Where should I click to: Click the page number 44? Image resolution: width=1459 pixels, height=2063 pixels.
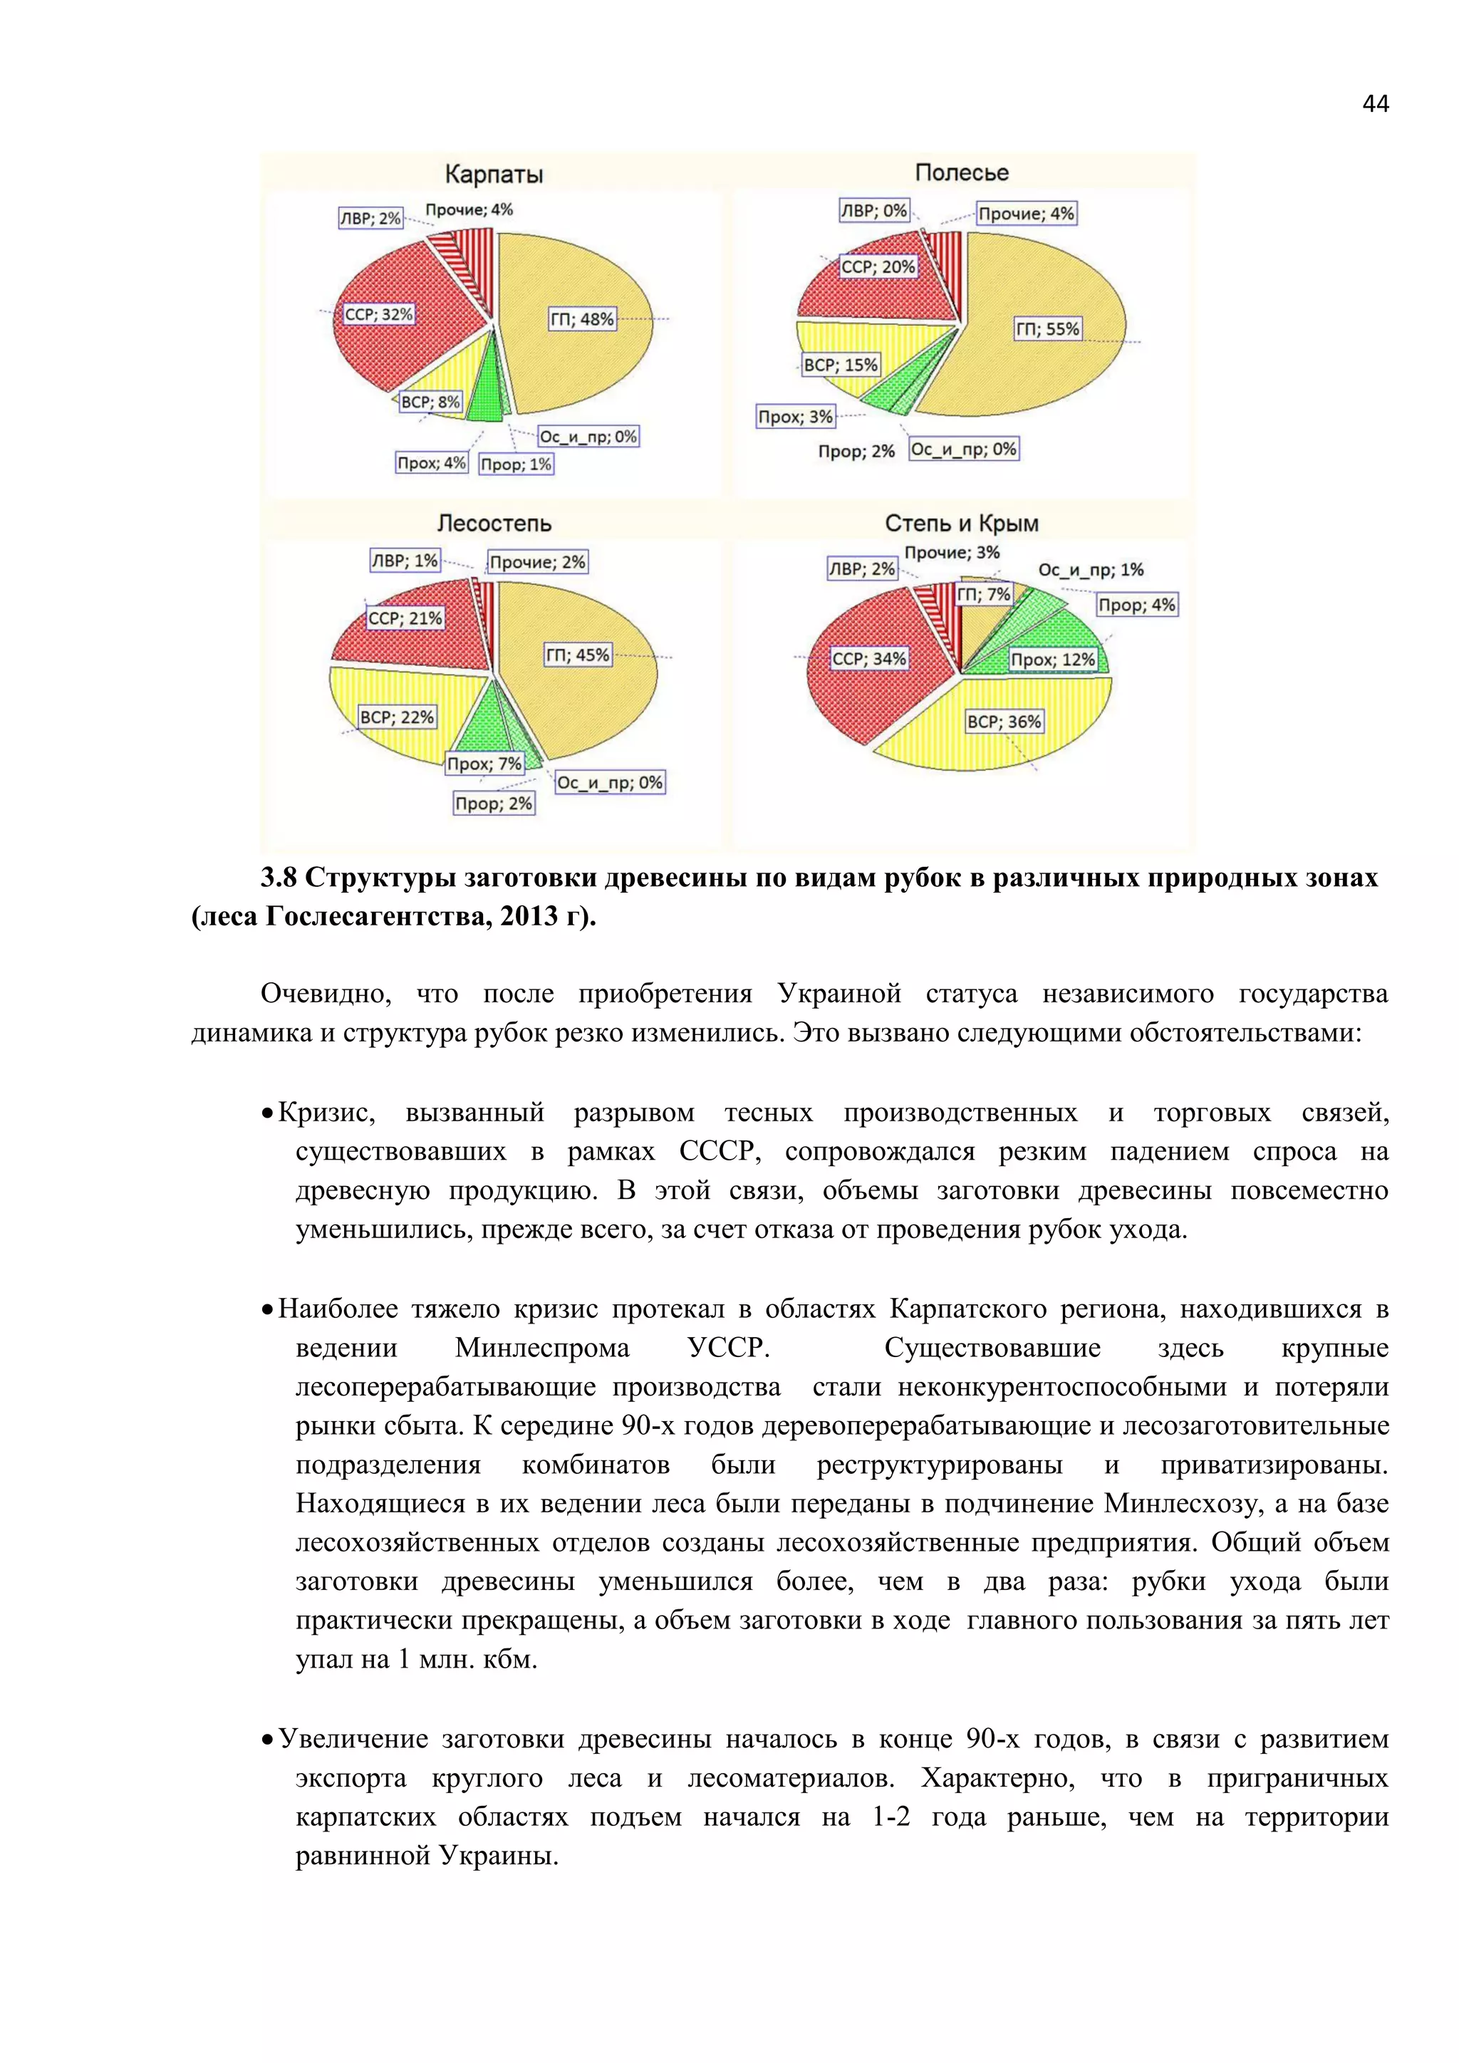(1374, 104)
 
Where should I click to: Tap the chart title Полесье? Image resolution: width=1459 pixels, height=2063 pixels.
(961, 172)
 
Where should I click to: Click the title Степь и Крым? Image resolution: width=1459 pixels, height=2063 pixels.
(961, 523)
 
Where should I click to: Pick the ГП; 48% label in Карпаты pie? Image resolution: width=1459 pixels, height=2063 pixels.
(582, 319)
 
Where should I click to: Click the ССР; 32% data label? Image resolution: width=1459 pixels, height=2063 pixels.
(378, 314)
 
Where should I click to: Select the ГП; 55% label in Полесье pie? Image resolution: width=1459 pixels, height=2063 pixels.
(1047, 329)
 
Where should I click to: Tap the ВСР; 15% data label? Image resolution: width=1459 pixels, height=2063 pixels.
(840, 365)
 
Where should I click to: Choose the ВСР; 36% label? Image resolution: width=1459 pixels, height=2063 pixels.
(1004, 722)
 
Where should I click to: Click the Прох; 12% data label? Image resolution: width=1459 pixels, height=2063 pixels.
(1053, 660)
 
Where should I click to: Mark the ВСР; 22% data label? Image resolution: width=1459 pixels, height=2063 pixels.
(396, 717)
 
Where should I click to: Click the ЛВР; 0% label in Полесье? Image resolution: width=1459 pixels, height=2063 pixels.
(873, 211)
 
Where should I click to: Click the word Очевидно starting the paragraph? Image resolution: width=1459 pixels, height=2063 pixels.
(326, 994)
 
